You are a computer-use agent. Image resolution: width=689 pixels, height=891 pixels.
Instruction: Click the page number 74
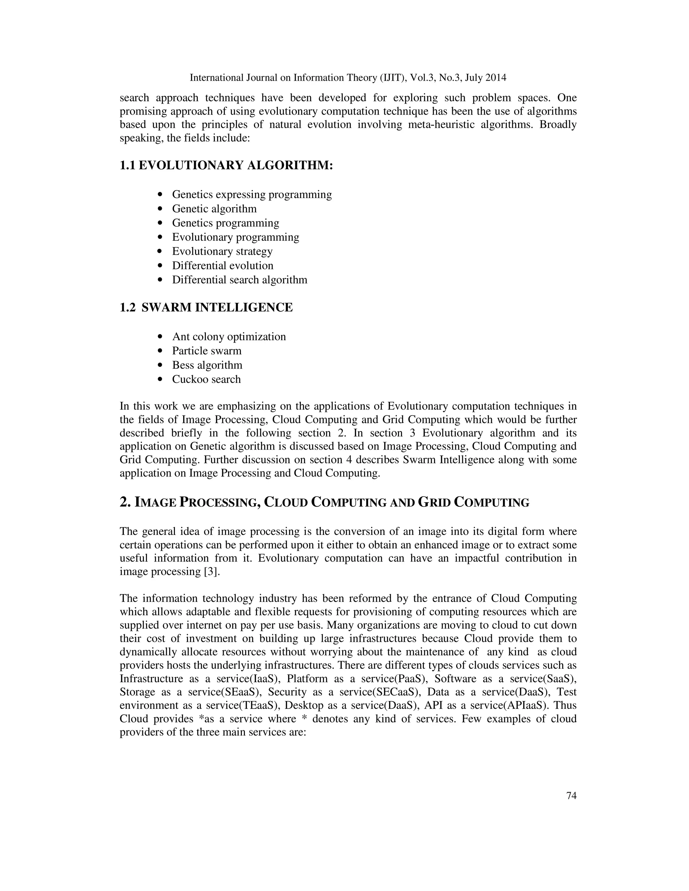point(571,796)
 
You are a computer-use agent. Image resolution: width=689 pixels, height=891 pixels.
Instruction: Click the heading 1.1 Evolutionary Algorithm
point(226,166)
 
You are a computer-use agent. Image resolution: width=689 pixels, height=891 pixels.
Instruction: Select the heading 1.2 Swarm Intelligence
point(206,308)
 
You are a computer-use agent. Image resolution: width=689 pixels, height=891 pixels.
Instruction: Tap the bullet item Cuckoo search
point(206,379)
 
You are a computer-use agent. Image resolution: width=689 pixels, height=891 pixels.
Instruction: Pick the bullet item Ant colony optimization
point(228,337)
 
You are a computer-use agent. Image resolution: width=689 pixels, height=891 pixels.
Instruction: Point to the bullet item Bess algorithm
point(207,365)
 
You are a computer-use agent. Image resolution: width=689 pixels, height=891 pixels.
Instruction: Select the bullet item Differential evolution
point(222,266)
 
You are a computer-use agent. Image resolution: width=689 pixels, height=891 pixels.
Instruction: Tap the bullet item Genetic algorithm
point(214,209)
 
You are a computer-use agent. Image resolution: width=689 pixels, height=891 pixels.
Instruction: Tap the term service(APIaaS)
point(509,706)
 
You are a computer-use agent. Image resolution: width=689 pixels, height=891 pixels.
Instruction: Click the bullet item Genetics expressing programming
point(252,195)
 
